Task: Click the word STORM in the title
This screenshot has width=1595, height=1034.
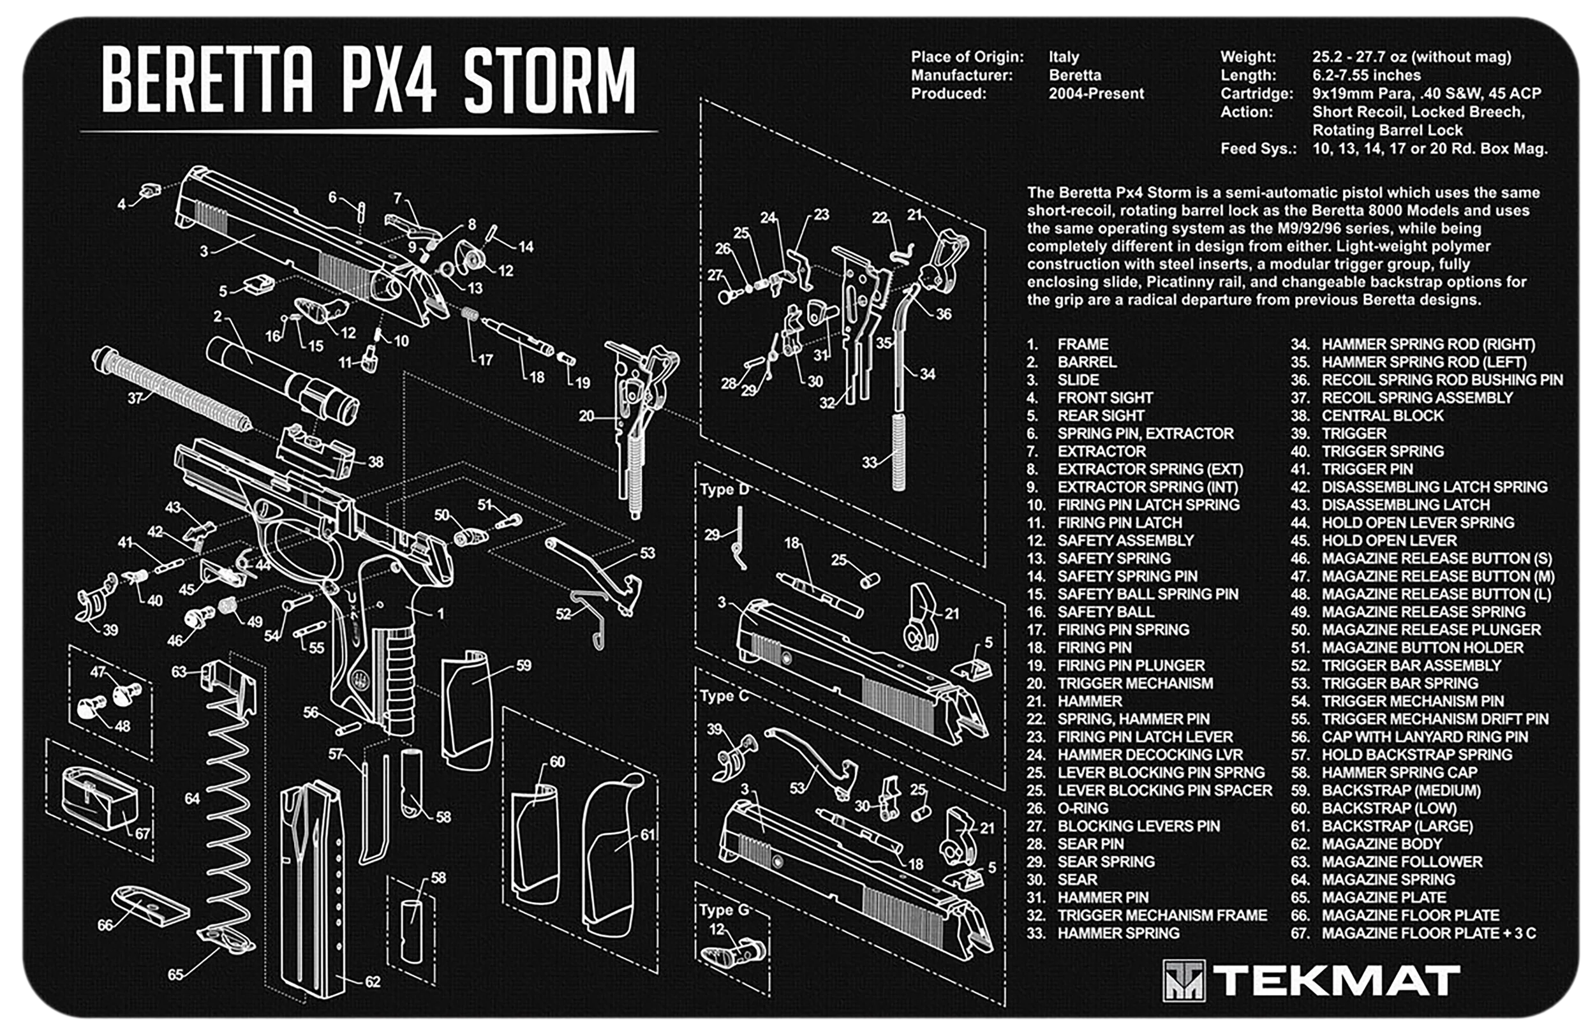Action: (x=549, y=80)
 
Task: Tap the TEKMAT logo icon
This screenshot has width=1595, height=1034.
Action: (x=1183, y=980)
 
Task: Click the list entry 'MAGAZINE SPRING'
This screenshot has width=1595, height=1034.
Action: (x=1388, y=879)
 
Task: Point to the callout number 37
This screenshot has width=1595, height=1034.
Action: (x=135, y=398)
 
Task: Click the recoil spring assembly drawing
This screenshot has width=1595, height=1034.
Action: (x=172, y=390)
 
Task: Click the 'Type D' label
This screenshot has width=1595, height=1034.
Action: (x=725, y=489)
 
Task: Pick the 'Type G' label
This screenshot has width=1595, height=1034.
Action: (x=725, y=910)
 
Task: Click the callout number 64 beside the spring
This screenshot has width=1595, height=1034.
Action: (x=192, y=798)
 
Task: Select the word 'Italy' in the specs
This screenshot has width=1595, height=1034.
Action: (x=1064, y=57)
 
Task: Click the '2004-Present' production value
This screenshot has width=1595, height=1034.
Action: (x=1096, y=93)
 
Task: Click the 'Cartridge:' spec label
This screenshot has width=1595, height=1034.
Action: (x=1257, y=93)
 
